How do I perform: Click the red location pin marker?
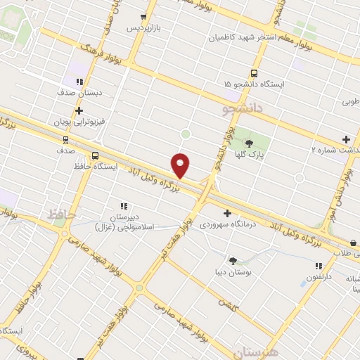(x=181, y=165)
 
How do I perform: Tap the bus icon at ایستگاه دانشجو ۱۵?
(x=254, y=73)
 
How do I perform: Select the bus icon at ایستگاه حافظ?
(x=95, y=156)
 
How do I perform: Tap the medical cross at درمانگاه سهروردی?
(x=226, y=213)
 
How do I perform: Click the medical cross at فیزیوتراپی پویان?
(x=79, y=110)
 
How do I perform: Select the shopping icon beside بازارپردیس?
(x=143, y=17)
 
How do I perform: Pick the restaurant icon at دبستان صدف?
(x=79, y=82)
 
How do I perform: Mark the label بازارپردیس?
(x=143, y=28)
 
